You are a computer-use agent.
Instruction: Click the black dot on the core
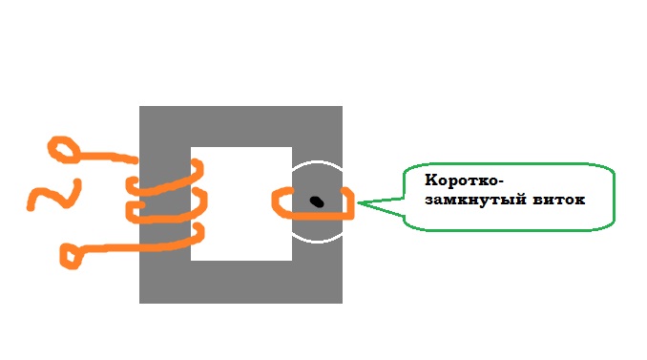point(317,201)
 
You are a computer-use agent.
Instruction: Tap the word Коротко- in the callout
point(464,180)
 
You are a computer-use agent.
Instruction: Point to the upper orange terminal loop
point(64,150)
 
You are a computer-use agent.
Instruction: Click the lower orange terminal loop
point(72,257)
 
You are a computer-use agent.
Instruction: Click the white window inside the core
point(241,204)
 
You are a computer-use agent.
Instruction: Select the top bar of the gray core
point(241,126)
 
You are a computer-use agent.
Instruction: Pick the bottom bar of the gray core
point(241,282)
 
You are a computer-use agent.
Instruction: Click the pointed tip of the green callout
point(358,202)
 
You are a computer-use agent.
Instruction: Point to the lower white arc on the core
point(318,241)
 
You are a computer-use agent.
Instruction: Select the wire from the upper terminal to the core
point(108,157)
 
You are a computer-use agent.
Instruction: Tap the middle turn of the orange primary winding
point(169,214)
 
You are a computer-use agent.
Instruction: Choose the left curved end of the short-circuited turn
point(275,201)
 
